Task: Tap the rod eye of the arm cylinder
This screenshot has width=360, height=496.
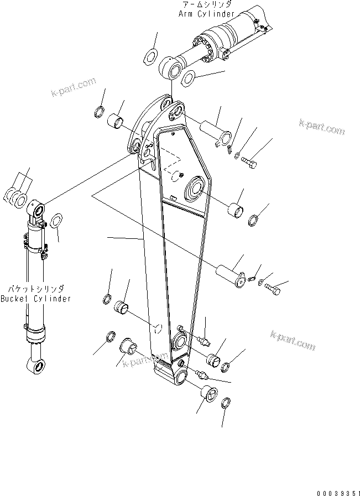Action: click(168, 69)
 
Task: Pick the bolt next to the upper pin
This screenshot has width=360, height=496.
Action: click(249, 161)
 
